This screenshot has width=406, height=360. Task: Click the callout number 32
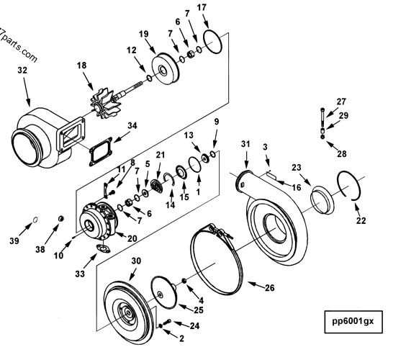pos(22,71)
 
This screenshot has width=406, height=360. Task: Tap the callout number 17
pos(202,8)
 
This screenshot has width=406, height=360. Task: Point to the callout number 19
pos(144,34)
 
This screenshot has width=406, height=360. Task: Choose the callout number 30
pos(135,261)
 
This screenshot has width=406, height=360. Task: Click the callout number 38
pos(40,249)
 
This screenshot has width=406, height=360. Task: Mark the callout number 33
pos(80,274)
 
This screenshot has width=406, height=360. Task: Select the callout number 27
pos(341,102)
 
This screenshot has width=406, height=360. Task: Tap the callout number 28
pos(341,153)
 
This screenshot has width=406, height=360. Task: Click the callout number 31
pos(245,145)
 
